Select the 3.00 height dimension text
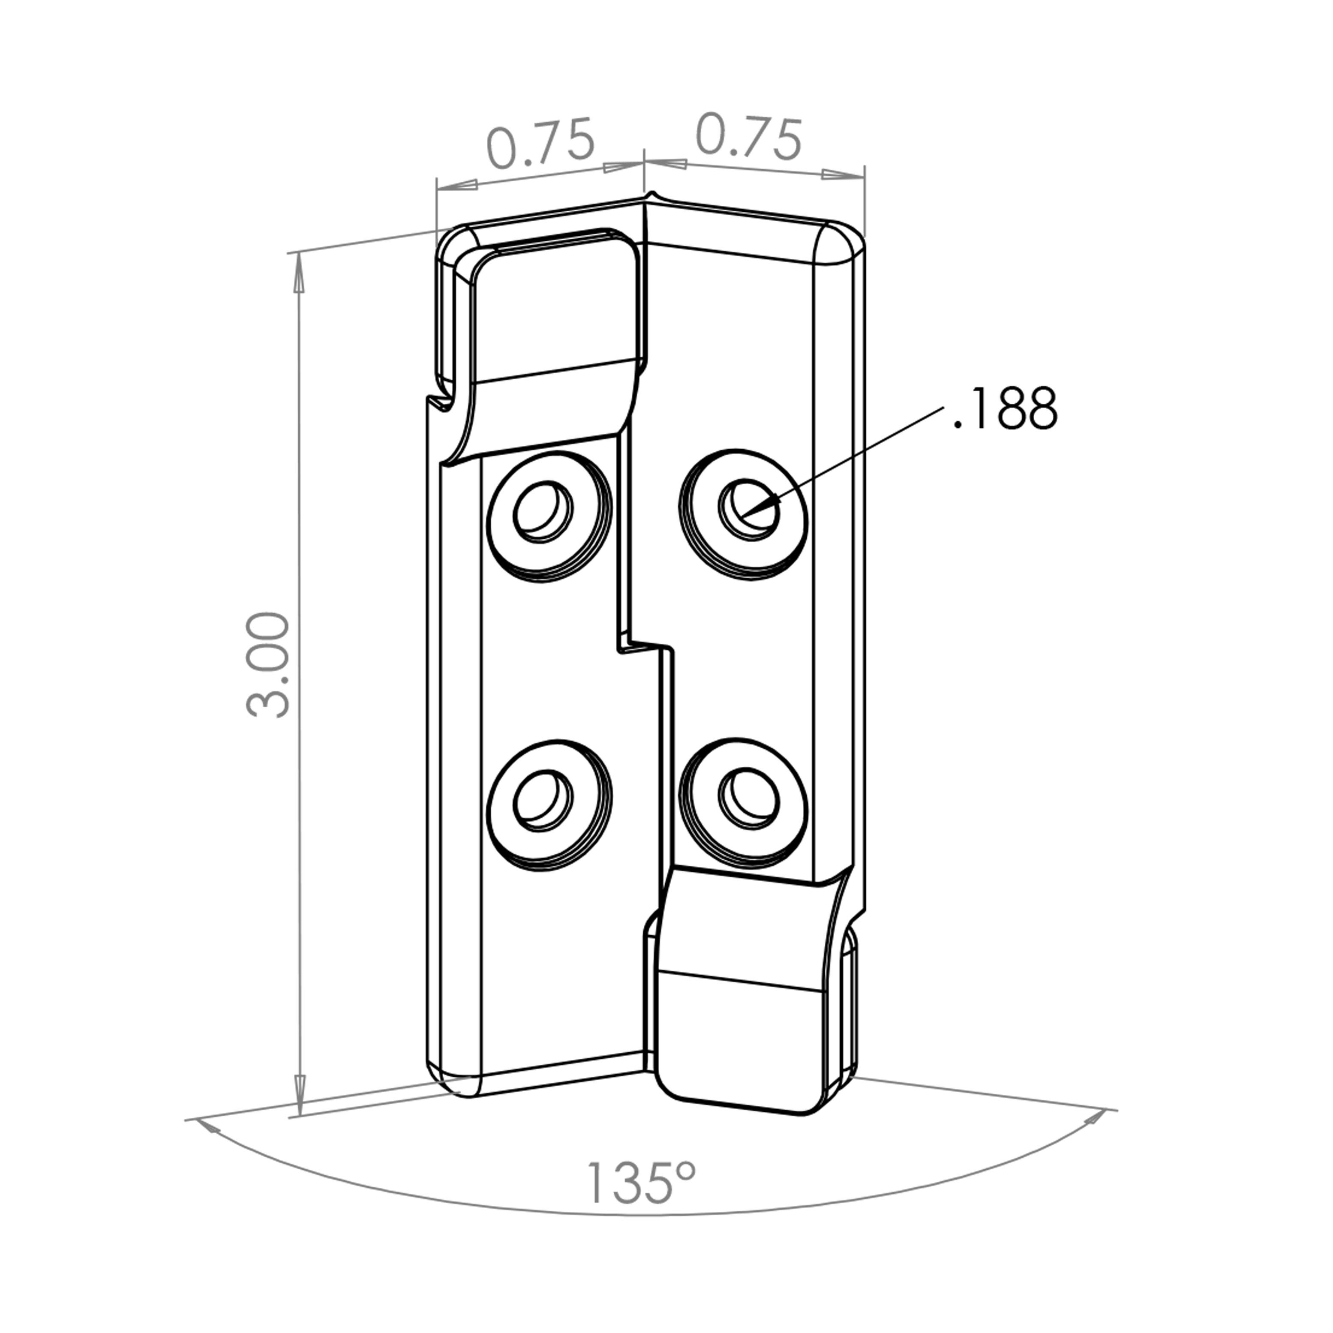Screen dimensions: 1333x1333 point(268,665)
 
